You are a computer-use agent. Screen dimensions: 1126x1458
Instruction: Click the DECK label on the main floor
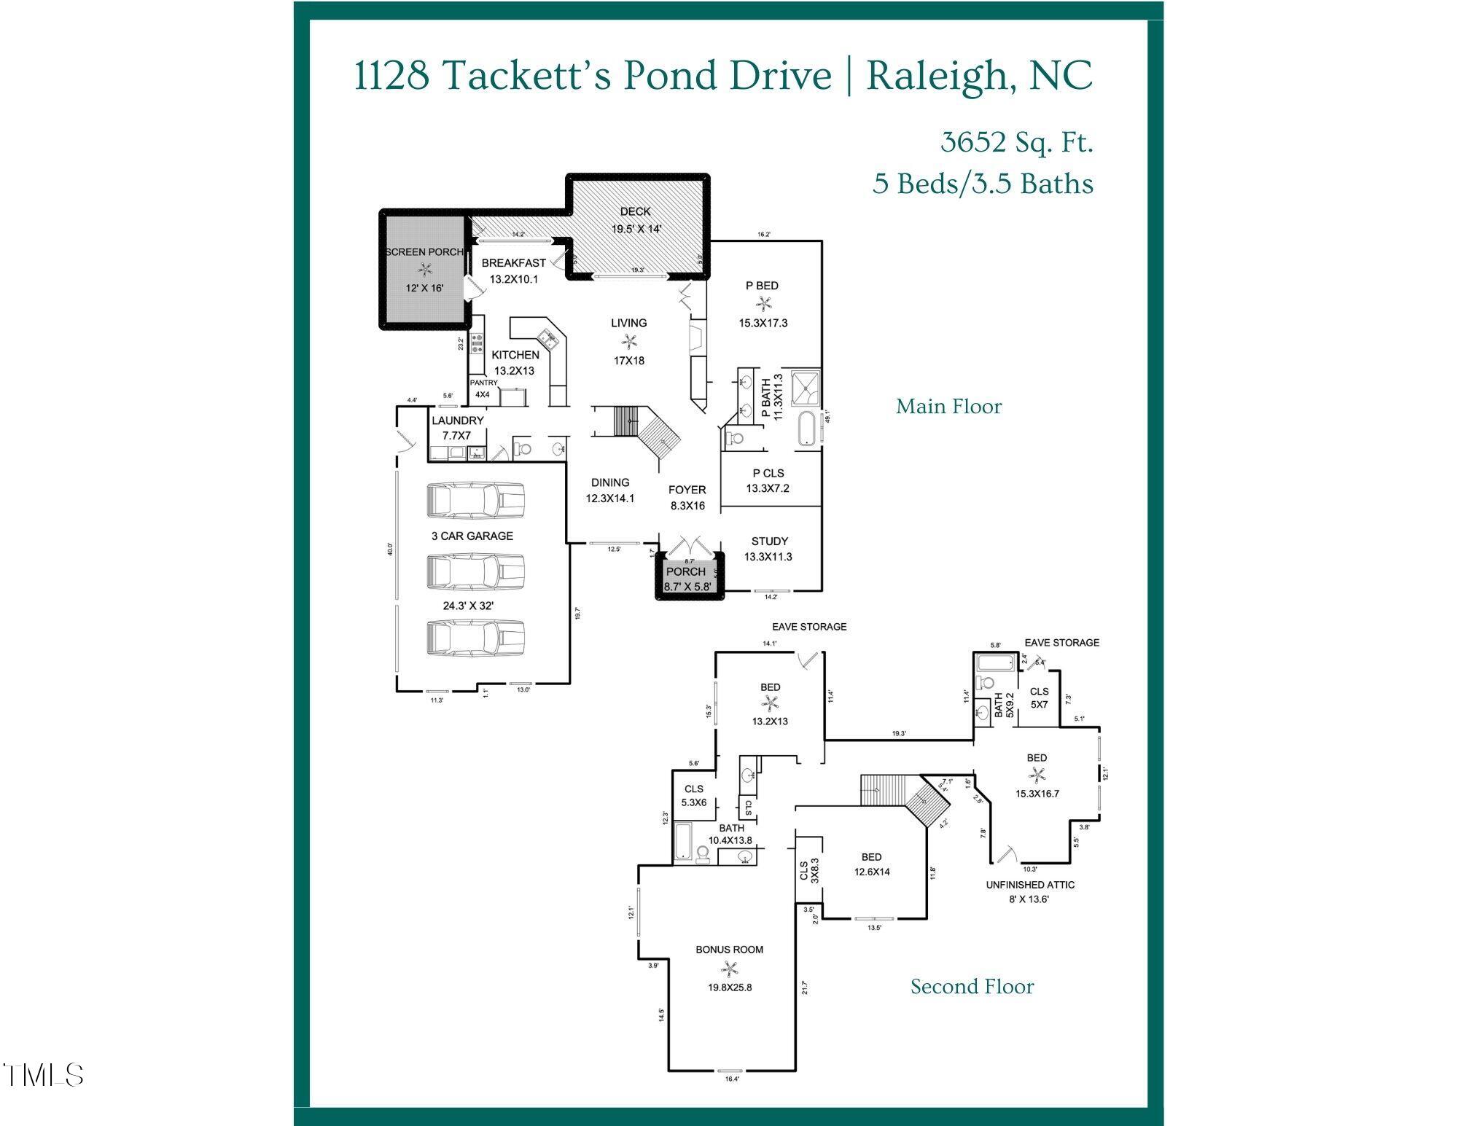click(x=635, y=211)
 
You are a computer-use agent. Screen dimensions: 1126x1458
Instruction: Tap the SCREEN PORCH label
click(x=424, y=252)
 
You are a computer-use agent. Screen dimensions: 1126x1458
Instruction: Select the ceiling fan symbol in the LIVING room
click(x=628, y=341)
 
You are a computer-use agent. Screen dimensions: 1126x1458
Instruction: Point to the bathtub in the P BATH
click(x=806, y=429)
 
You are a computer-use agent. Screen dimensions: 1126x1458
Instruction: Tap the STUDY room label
click(x=769, y=542)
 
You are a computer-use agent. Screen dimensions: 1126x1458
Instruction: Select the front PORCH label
click(x=685, y=572)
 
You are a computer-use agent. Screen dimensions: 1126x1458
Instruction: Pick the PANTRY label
click(x=483, y=383)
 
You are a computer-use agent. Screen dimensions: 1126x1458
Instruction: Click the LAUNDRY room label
click(x=457, y=421)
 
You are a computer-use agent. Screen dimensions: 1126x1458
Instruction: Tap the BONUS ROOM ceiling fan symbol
click(x=729, y=969)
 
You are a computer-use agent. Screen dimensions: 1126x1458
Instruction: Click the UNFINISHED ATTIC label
click(x=1030, y=885)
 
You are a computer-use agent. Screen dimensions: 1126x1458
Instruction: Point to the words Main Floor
click(x=948, y=407)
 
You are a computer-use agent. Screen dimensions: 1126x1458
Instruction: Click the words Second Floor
click(x=972, y=987)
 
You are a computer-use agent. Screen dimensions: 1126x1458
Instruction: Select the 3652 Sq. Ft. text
click(x=1016, y=143)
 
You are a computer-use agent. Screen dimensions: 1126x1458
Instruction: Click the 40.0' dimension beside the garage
click(x=390, y=549)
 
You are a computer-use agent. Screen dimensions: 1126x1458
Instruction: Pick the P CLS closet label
click(x=768, y=474)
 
